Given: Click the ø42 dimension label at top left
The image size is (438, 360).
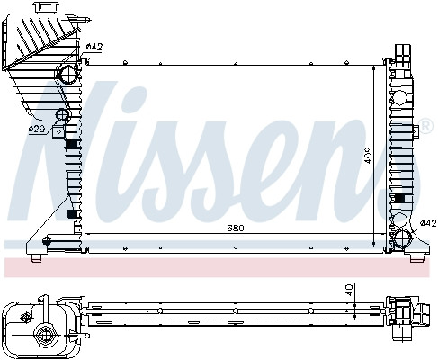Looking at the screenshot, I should coord(94,46).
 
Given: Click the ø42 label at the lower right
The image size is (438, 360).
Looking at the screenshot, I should coord(429,222).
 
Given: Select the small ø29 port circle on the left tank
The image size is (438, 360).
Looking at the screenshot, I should coord(63,116).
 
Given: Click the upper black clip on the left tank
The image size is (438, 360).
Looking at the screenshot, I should coord(72,145).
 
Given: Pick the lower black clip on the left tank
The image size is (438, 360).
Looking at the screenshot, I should coord(72,217).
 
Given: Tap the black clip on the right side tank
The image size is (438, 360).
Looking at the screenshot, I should coord(399,198).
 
